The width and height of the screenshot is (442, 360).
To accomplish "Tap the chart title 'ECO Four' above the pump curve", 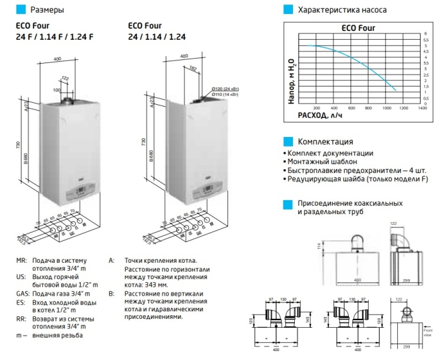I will click(x=358, y=28).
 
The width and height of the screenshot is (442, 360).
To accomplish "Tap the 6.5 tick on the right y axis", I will click(x=426, y=40).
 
